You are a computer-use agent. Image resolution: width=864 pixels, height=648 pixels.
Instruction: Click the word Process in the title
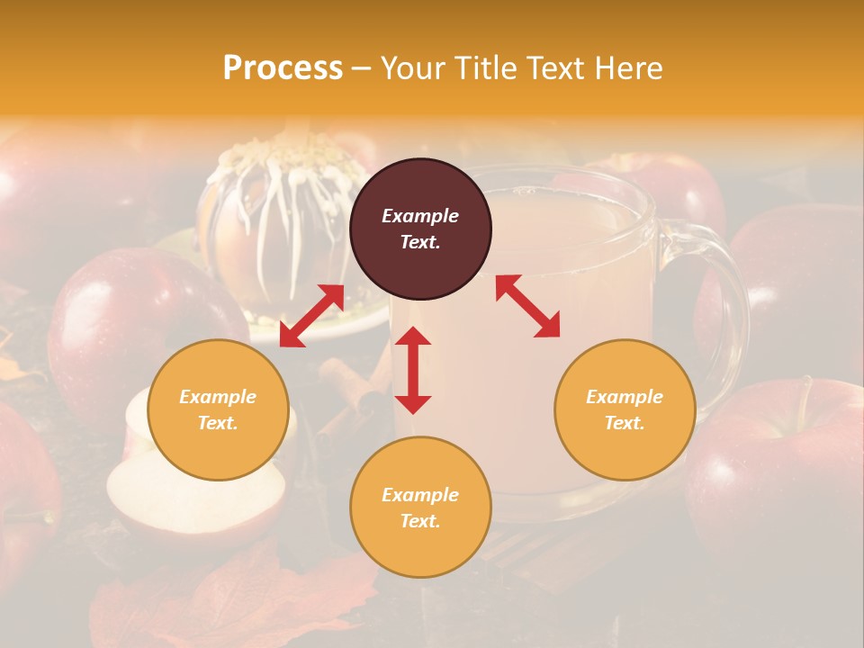pyautogui.click(x=283, y=68)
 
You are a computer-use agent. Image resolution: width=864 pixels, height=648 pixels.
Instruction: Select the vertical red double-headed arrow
pyautogui.click(x=413, y=370)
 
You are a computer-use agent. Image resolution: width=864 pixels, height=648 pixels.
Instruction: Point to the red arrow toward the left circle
pyautogui.click(x=311, y=316)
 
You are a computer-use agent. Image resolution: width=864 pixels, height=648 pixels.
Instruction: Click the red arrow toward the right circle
pyautogui.click(x=527, y=306)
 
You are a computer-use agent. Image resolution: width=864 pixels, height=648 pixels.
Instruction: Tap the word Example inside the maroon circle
pyautogui.click(x=420, y=216)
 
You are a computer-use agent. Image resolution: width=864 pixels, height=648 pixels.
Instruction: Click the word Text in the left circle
pyautogui.click(x=217, y=423)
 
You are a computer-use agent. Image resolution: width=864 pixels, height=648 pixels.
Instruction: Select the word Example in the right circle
pyautogui.click(x=625, y=397)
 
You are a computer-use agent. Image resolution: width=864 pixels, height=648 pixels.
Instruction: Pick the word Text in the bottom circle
pyautogui.click(x=419, y=521)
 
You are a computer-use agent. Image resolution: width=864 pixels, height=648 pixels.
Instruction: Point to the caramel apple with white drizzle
pyautogui.click(x=279, y=216)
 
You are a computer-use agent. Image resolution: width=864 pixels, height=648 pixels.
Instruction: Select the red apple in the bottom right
pyautogui.click(x=774, y=459)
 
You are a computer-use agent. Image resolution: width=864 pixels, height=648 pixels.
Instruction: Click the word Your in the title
pyautogui.click(x=415, y=68)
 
